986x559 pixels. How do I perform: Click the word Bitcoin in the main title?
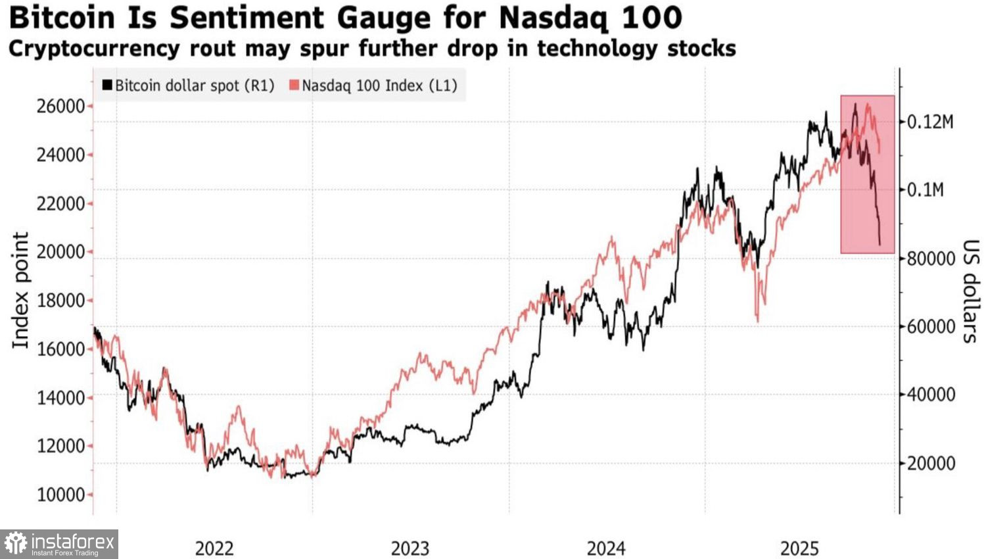[x=62, y=18]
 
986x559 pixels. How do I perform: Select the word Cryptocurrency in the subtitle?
[x=93, y=49]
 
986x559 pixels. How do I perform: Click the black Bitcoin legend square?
[x=107, y=85]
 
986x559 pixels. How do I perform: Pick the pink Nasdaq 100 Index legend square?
[x=294, y=85]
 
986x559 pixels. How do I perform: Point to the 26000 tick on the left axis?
[x=61, y=106]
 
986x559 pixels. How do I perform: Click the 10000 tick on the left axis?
[x=61, y=495]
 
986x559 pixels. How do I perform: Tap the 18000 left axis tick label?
[x=61, y=301]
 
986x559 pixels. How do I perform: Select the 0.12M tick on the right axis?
[x=929, y=122]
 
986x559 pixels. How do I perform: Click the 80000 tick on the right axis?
[x=931, y=258]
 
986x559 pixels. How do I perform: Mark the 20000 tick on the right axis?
[x=931, y=463]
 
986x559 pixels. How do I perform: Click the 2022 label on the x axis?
[x=214, y=548]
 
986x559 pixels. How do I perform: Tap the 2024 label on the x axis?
[x=606, y=548]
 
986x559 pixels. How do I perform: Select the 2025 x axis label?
[x=799, y=548]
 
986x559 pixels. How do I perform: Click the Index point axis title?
[x=21, y=290]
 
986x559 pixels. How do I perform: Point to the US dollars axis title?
[x=970, y=291]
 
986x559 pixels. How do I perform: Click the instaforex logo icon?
[x=15, y=544]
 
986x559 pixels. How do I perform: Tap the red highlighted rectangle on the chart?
[x=868, y=174]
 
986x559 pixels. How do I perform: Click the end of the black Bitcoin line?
[x=880, y=245]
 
